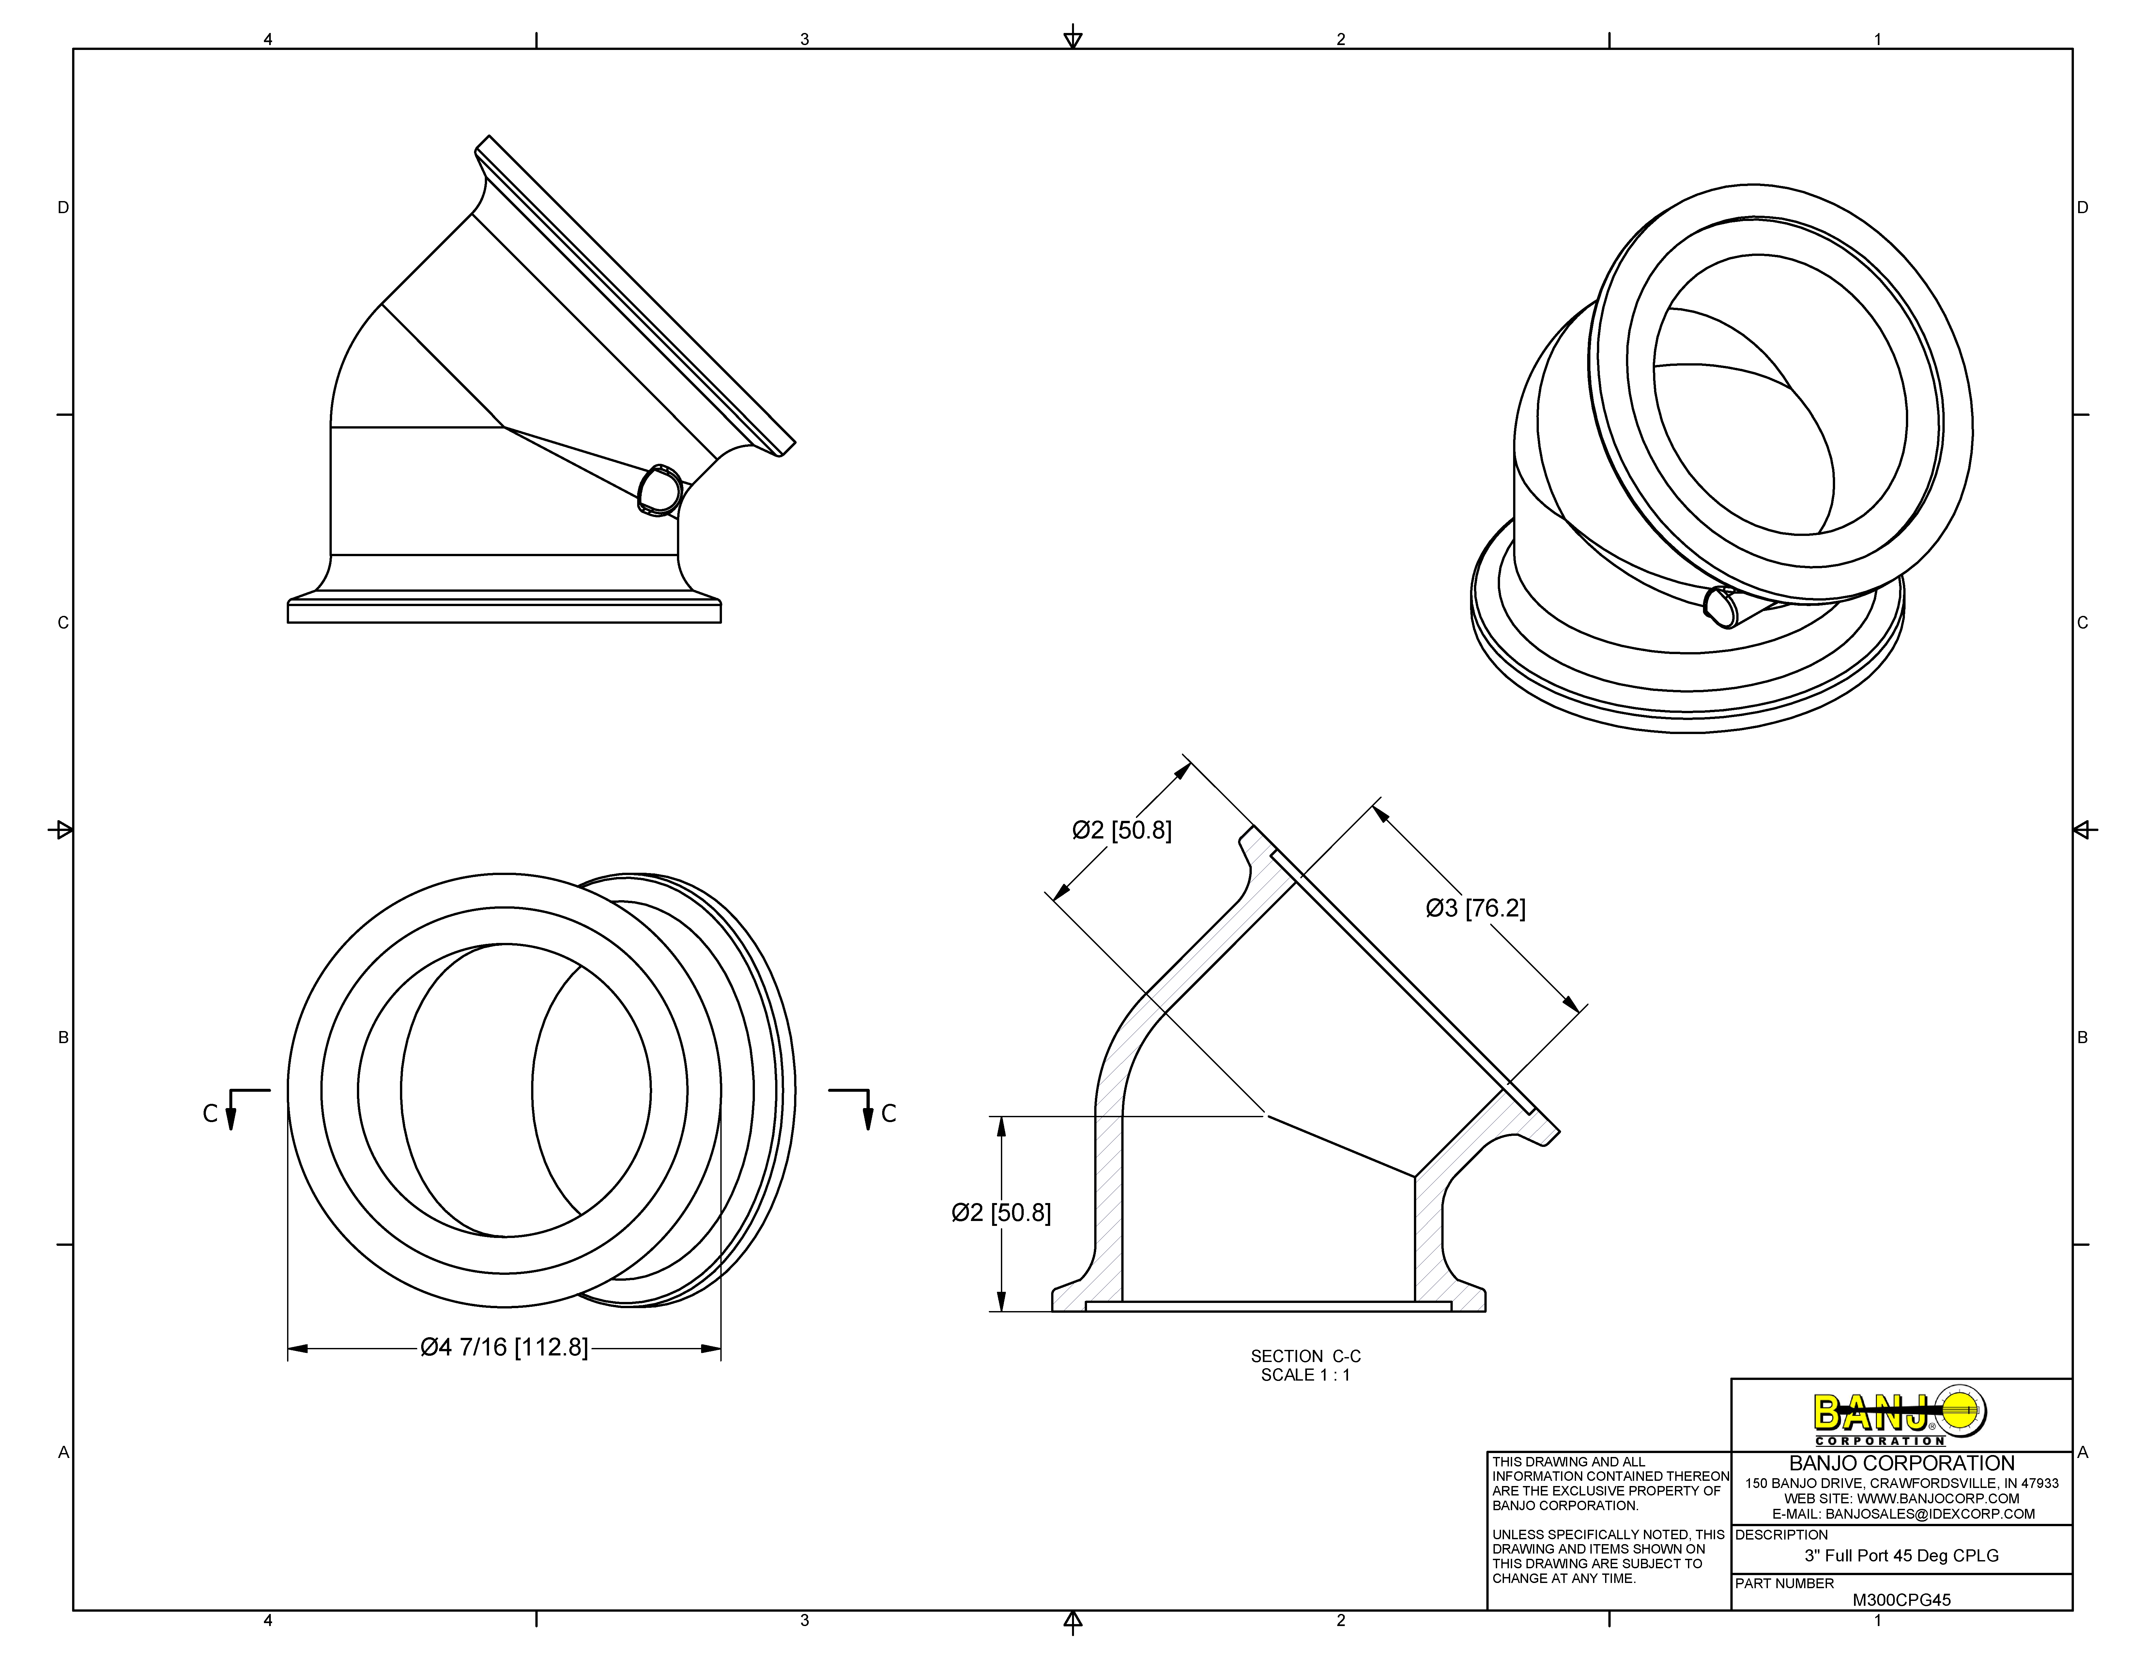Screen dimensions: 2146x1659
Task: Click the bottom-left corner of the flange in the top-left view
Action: tap(288, 622)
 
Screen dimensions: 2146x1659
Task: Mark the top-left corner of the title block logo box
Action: tap(1731, 1379)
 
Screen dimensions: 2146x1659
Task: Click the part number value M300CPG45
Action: tap(1901, 1599)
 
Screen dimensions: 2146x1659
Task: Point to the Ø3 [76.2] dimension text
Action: tap(1476, 908)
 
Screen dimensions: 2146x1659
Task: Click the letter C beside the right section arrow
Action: tap(889, 1114)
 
